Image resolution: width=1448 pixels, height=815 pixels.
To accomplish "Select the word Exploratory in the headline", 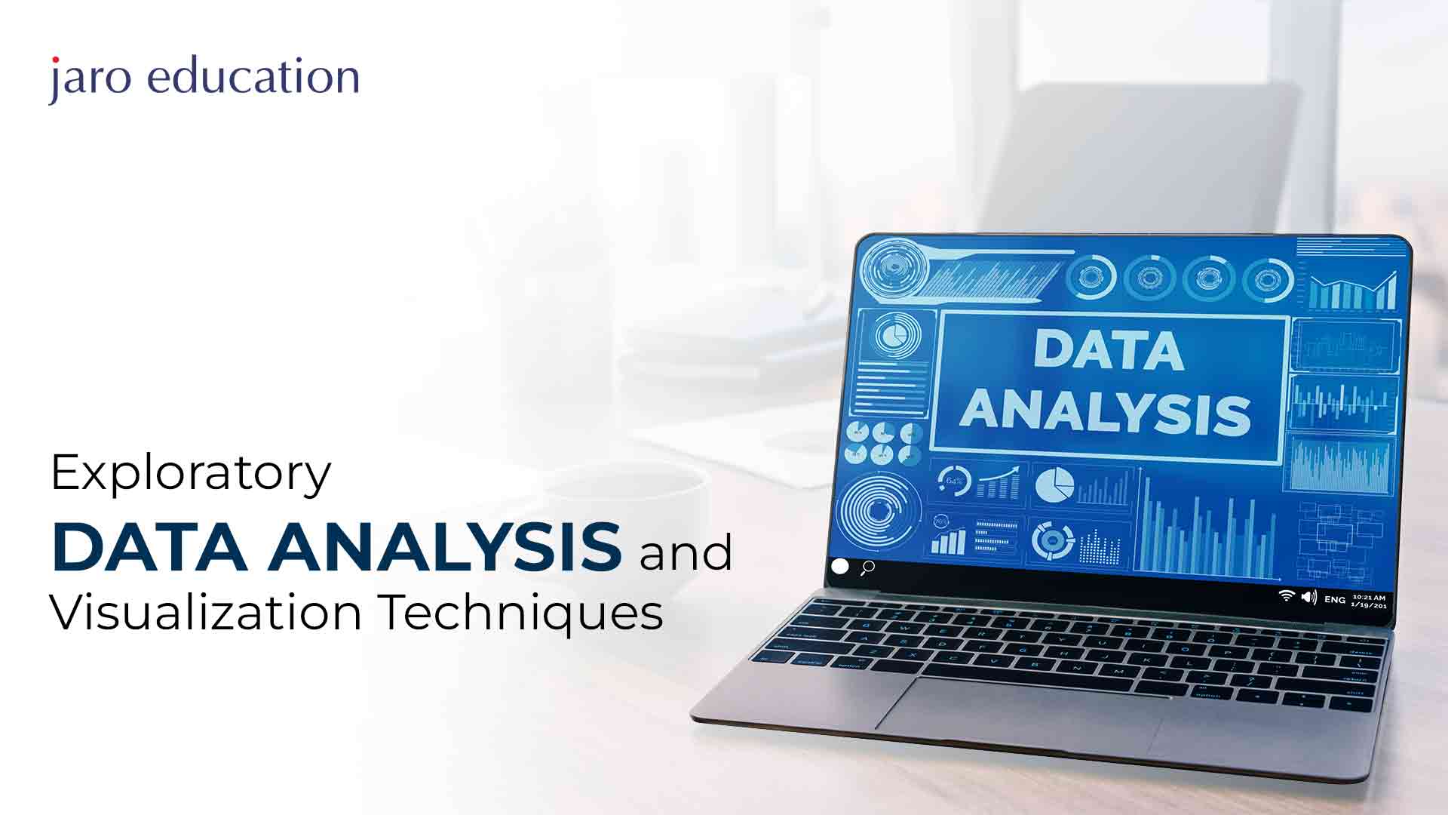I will pos(191,474).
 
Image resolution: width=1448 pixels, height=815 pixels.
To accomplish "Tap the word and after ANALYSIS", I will pos(686,552).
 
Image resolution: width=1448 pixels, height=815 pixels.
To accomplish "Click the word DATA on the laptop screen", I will pos(1108,351).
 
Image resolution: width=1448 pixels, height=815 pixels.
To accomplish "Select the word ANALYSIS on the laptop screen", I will pos(1105,411).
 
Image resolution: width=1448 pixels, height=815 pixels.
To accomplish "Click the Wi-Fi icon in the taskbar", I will pos(1286,595).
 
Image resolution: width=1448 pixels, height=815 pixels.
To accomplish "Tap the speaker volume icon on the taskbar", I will pos(1308,597).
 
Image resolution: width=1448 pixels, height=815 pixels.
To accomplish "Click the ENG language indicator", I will pos(1334,600).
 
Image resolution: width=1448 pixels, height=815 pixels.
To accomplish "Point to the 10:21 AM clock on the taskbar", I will pos(1368,598).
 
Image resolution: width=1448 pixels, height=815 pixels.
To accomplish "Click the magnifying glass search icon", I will pos(868,567).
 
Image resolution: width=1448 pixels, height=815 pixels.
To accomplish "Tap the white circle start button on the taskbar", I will pos(839,566).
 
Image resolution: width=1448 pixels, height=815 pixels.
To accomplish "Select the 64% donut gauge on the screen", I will pos(954,481).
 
